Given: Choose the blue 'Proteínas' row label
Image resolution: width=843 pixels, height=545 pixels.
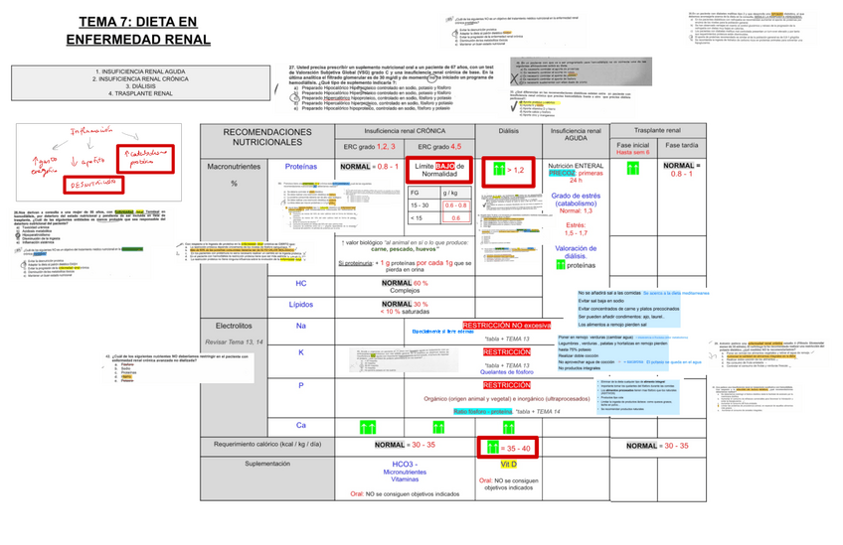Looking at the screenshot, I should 301,167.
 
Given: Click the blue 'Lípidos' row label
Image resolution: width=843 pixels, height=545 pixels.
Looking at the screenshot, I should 301,304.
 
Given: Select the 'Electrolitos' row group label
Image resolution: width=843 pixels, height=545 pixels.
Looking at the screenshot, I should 233,326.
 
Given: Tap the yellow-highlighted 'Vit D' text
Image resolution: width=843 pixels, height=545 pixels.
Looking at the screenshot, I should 508,464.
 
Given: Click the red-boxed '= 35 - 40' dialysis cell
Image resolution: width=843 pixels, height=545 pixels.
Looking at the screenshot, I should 507,448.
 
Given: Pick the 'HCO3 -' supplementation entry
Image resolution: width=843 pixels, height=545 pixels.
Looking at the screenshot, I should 405,464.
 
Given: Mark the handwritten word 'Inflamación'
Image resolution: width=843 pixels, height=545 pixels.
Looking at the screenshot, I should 84,132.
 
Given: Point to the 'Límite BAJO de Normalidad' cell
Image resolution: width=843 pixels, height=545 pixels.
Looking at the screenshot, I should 438,171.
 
